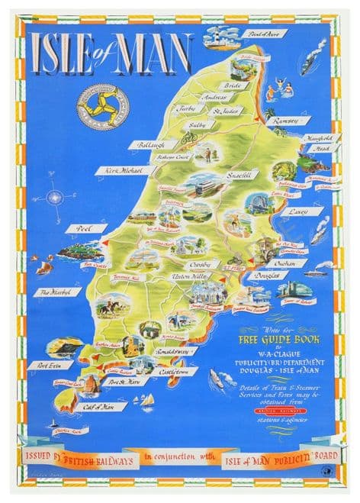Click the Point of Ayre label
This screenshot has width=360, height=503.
263,34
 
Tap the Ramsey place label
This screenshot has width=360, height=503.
292,121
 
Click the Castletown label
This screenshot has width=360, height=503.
179,372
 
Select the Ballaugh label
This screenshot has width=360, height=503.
152,144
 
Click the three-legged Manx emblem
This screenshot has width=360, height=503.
102,103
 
